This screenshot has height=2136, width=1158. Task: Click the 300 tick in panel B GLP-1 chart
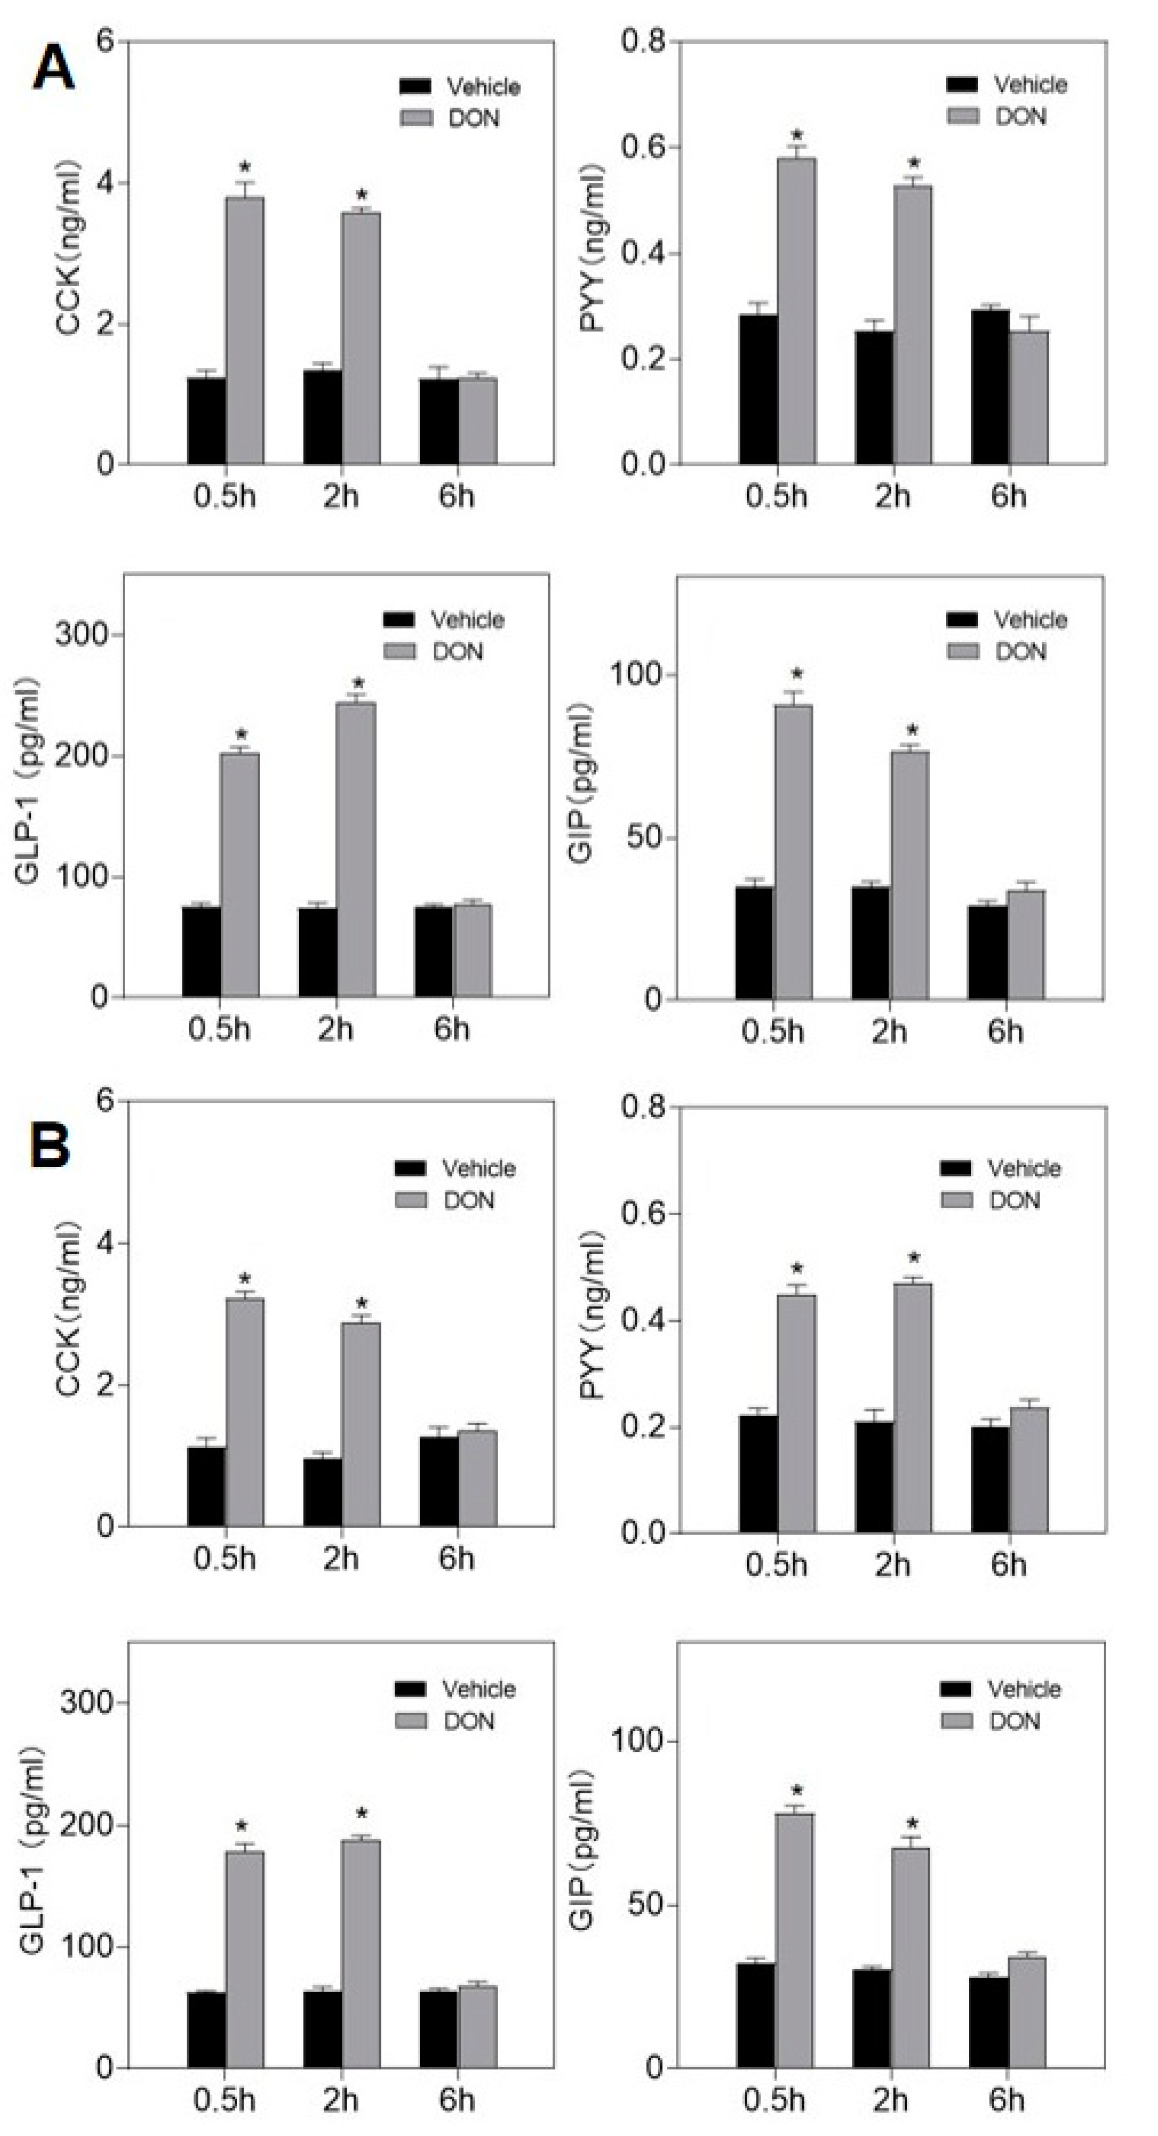[x=86, y=1703]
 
